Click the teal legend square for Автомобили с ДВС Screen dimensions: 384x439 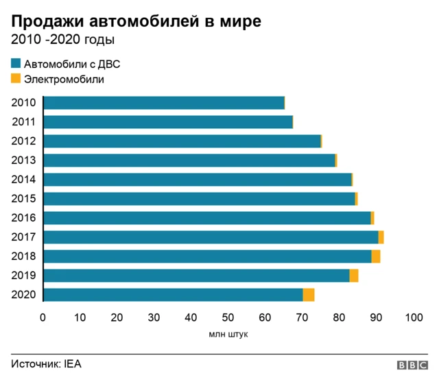coord(16,64)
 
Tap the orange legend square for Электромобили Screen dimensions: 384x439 coord(16,79)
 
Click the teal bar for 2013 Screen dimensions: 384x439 coord(189,160)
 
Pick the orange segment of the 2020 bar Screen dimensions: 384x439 coord(309,295)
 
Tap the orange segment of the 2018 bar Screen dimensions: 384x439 coord(376,256)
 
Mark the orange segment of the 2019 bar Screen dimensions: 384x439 coord(354,276)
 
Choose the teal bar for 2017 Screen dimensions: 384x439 coord(211,237)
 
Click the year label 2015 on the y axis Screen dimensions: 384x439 coord(24,199)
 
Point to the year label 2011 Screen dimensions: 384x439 coord(24,122)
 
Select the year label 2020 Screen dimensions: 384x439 coord(24,295)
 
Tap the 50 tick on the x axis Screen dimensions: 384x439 coord(228,317)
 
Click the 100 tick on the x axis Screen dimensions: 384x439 coord(414,317)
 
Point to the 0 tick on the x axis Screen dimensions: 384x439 coord(43,317)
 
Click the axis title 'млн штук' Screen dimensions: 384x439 coord(228,335)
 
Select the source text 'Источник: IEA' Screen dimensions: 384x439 coord(46,364)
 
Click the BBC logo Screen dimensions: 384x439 coord(412,365)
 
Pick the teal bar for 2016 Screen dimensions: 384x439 coord(206,218)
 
